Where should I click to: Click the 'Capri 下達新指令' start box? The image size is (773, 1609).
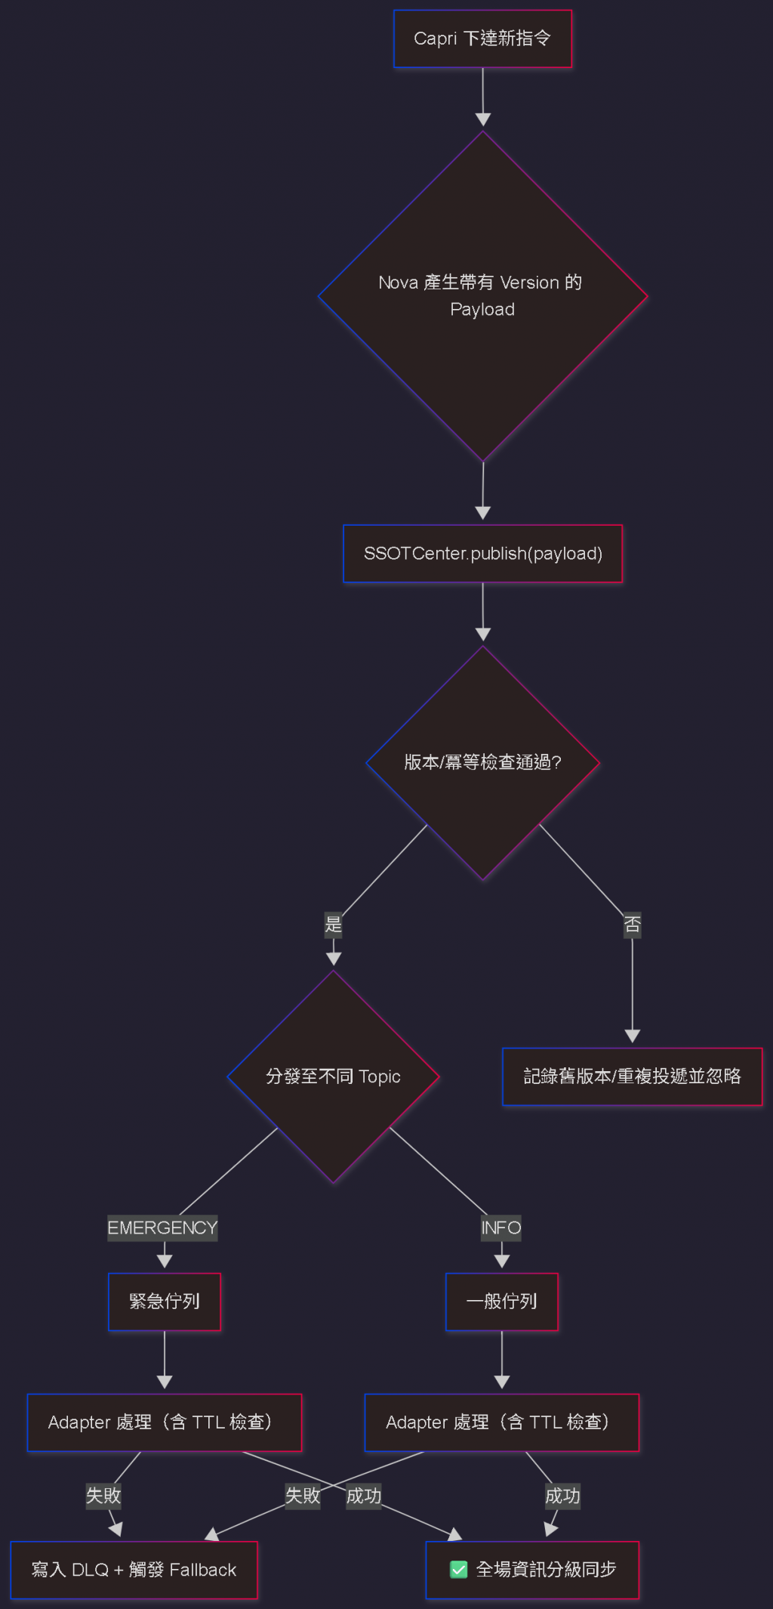[x=482, y=39]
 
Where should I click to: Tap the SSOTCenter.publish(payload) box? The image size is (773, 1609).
[x=482, y=554]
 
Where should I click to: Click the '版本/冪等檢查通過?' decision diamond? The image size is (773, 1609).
[x=482, y=762]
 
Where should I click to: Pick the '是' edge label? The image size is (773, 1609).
[x=333, y=924]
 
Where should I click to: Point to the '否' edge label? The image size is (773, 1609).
[x=633, y=925]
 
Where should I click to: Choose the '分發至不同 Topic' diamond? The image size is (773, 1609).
[x=333, y=1076]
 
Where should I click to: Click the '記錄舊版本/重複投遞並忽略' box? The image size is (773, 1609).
[x=633, y=1076]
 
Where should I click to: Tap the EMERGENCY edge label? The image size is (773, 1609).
[x=162, y=1228]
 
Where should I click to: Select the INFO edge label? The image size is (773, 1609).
[x=501, y=1228]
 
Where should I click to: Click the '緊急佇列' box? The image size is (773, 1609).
[x=165, y=1302]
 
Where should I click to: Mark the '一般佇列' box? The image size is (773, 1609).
[x=502, y=1302]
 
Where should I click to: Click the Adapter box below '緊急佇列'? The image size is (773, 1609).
[x=165, y=1422]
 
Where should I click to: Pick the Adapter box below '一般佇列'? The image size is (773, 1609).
[x=502, y=1422]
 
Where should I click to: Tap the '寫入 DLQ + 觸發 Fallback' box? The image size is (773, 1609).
[x=134, y=1570]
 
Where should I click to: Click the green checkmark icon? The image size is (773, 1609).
[x=459, y=1570]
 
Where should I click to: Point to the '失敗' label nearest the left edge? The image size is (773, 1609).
[x=103, y=1496]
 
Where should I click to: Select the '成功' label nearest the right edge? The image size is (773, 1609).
[x=563, y=1496]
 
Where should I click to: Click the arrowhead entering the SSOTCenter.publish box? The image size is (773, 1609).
[x=483, y=513]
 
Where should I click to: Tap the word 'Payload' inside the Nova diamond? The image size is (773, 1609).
[x=482, y=310]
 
